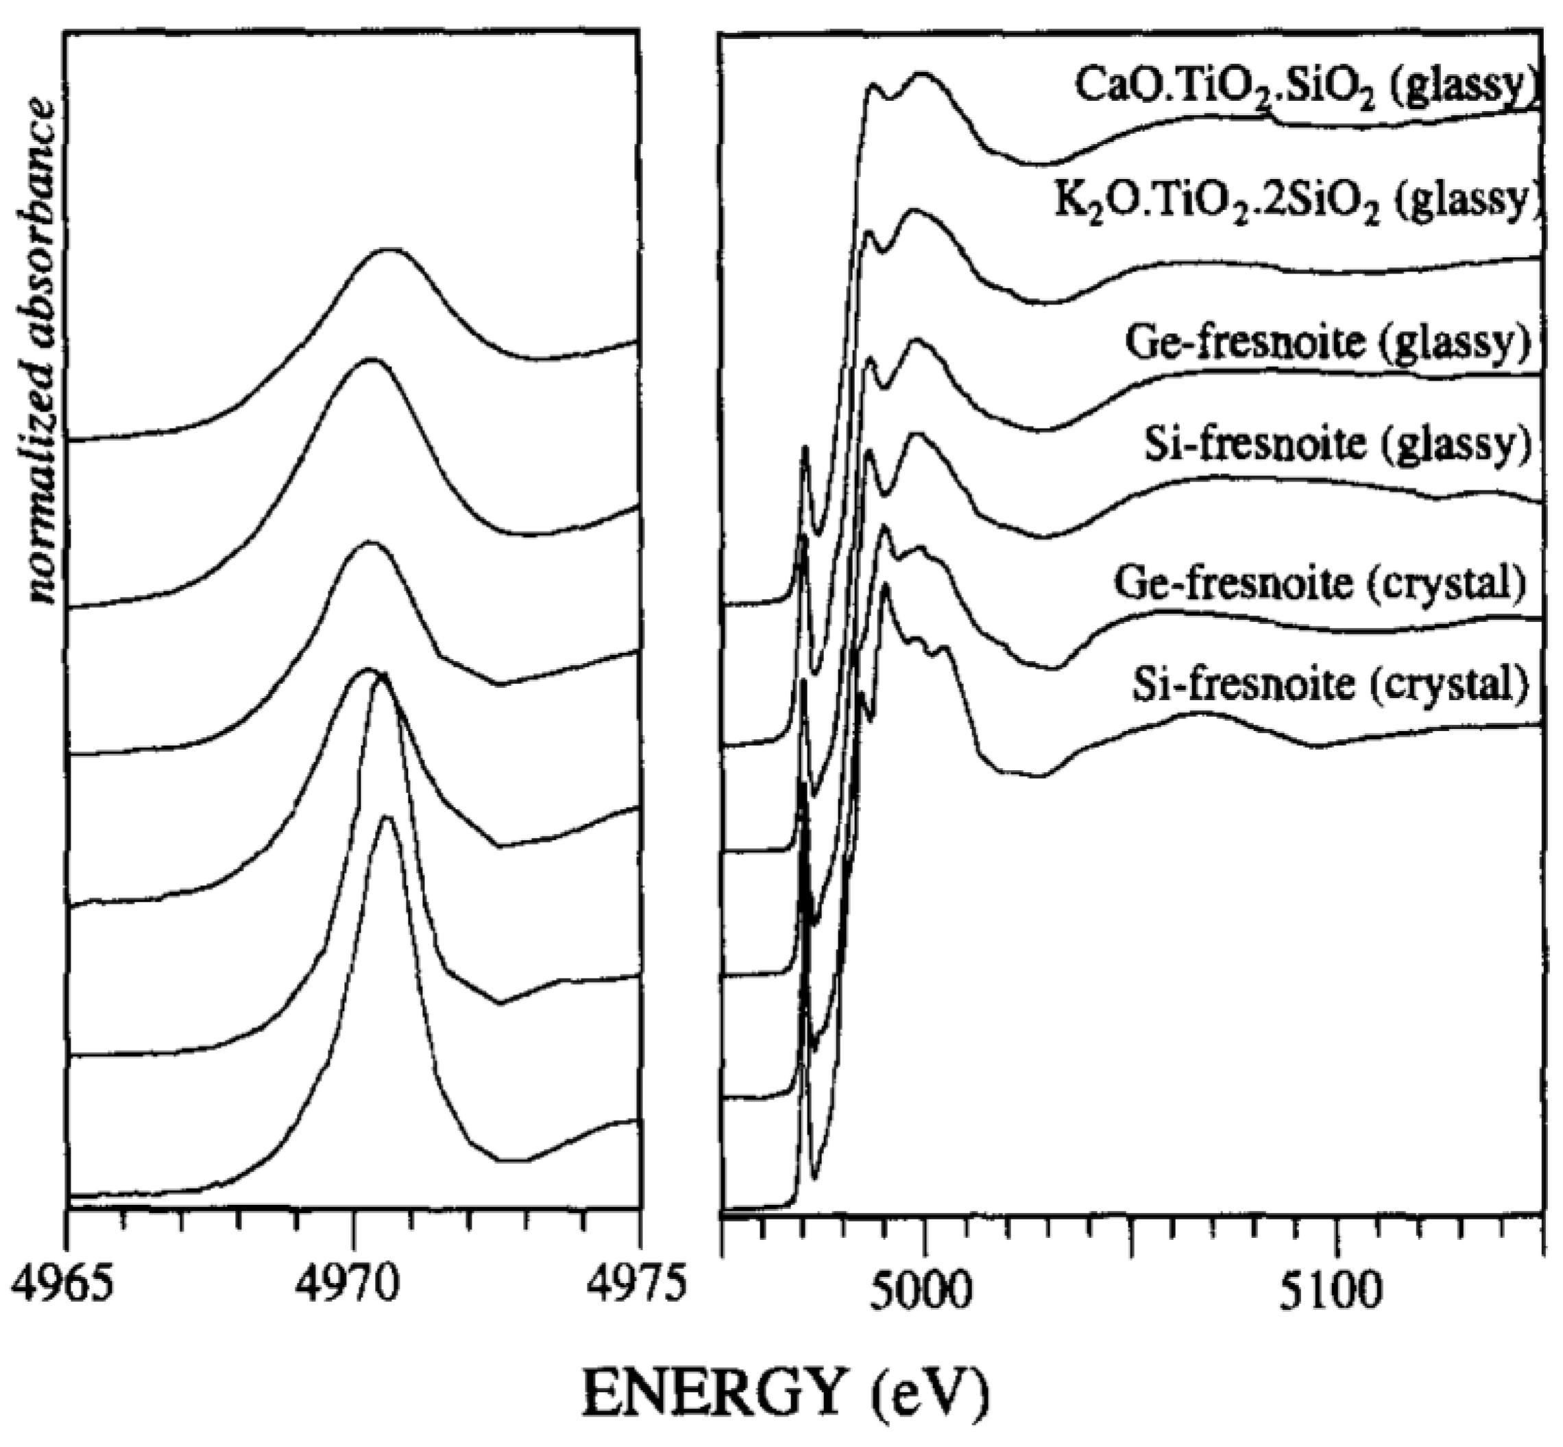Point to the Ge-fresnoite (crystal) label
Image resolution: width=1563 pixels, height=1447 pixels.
pos(1320,584)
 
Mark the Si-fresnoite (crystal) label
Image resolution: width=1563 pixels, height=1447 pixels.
pos(1330,684)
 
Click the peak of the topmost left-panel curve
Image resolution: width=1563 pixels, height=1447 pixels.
pos(386,250)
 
